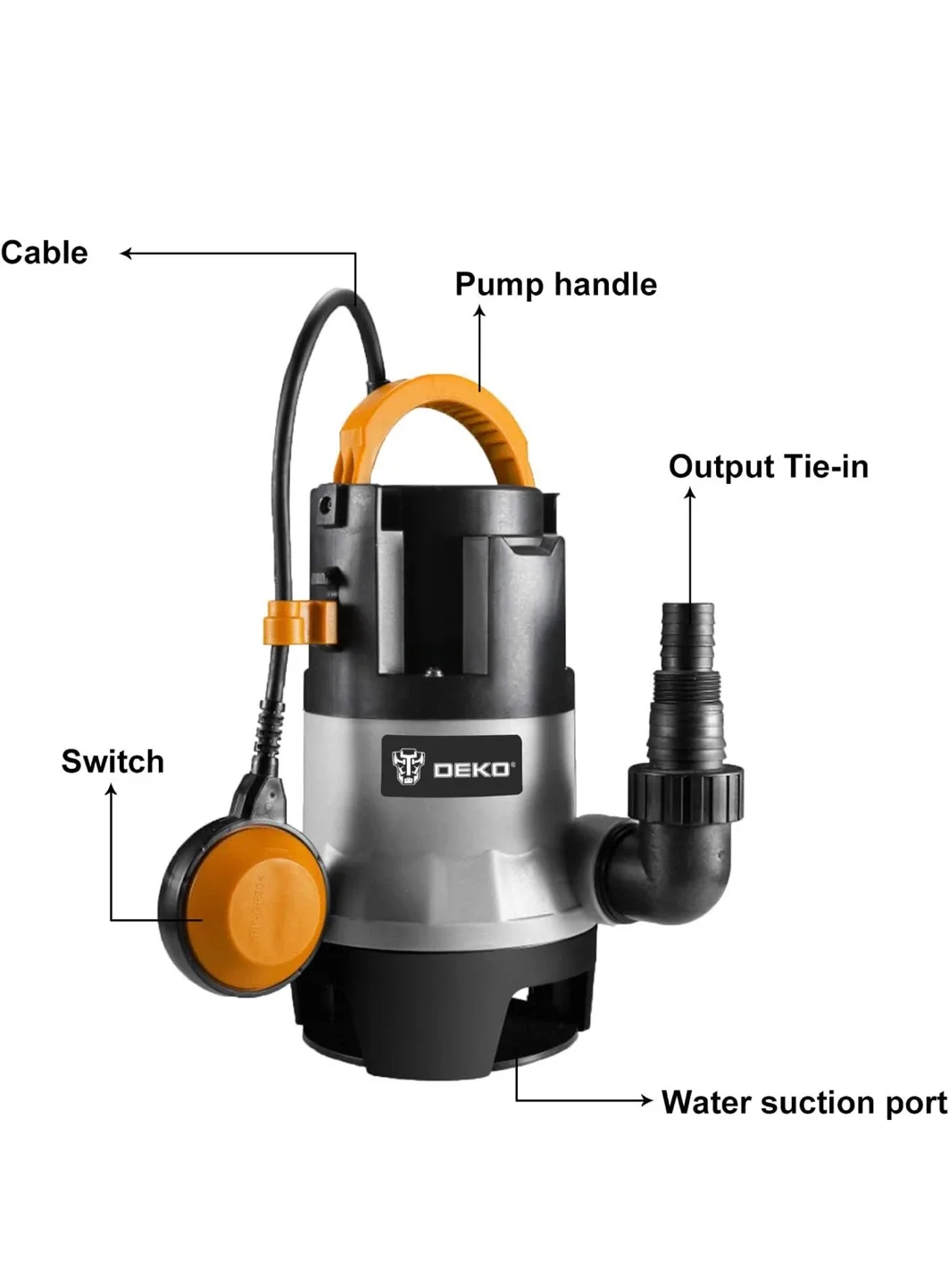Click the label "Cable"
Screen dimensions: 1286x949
(45, 253)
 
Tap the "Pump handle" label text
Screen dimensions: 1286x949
(555, 284)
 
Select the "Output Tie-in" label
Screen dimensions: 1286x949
(768, 466)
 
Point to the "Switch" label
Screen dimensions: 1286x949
(112, 761)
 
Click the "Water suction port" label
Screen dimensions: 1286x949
(803, 1102)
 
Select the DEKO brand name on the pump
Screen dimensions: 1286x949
(472, 769)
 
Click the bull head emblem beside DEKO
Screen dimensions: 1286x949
(409, 766)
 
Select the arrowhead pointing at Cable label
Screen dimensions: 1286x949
(126, 254)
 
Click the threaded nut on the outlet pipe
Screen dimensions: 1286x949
(686, 790)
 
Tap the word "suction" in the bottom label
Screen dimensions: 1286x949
(817, 1102)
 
